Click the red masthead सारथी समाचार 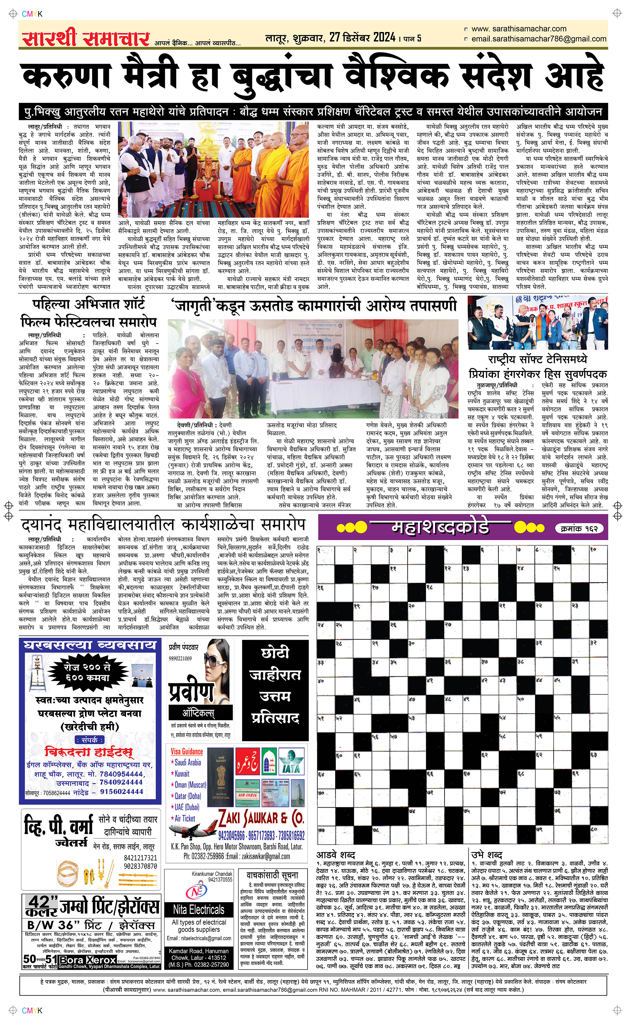[x=86, y=38]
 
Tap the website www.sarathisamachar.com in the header [x=519, y=29]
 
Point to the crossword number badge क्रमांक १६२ [x=579, y=529]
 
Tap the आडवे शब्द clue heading [x=335, y=855]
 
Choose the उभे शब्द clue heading [x=487, y=855]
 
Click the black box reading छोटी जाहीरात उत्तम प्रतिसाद [x=275, y=690]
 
